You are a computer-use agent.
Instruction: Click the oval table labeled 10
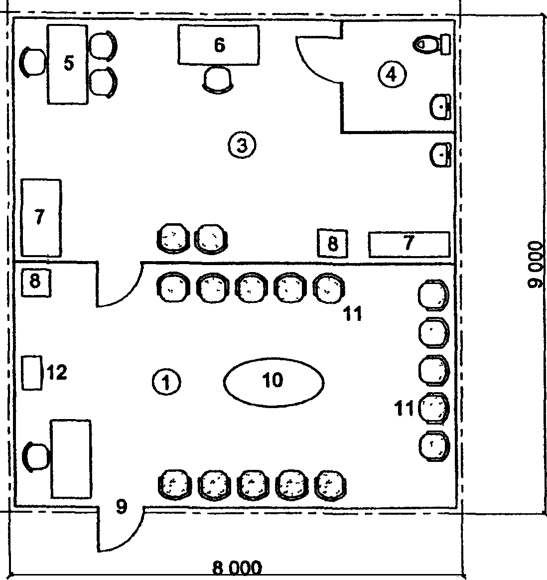coord(273,381)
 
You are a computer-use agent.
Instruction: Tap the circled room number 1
coord(166,382)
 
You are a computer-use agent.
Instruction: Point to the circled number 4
coord(392,75)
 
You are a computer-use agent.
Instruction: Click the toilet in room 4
coord(431,44)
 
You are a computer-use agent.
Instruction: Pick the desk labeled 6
coord(219,45)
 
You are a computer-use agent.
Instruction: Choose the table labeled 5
coord(68,64)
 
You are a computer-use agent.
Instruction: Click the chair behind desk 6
coord(218,79)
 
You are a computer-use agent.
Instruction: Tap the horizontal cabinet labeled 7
coord(409,244)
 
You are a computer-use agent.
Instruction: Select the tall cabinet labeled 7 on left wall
coord(40,218)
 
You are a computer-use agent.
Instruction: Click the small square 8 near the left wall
coord(35,282)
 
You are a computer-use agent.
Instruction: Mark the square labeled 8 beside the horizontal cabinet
coord(333,244)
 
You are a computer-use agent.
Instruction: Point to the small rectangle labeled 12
coord(32,372)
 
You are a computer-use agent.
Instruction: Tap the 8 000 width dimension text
coord(237,568)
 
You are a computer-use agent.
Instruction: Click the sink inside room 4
coord(441,106)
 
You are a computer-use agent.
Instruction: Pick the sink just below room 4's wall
coord(441,154)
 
